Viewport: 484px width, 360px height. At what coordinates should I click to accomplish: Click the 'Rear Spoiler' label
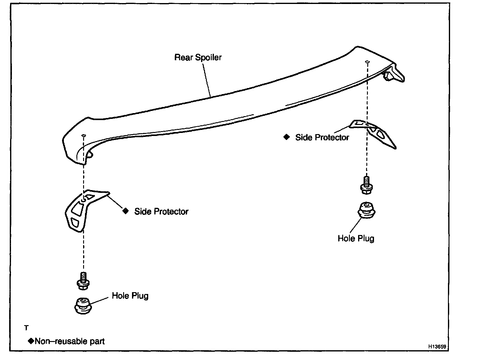click(198, 57)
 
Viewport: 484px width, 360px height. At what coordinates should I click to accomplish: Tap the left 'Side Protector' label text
click(161, 211)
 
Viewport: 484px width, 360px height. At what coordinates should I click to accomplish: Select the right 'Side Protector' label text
click(322, 138)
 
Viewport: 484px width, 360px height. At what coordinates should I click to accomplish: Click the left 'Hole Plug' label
click(130, 296)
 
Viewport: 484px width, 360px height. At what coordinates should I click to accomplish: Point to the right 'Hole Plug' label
click(356, 238)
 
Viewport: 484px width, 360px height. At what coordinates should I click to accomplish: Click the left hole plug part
click(83, 306)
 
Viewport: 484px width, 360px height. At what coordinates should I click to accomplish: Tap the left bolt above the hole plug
click(83, 281)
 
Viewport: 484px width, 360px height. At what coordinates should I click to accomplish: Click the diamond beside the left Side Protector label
click(125, 211)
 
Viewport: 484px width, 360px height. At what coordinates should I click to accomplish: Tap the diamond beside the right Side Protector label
click(286, 137)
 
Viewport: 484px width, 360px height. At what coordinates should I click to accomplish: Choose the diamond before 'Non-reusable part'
click(31, 341)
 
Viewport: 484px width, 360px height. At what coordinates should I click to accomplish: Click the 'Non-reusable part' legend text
click(70, 341)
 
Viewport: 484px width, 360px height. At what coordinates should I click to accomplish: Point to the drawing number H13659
click(437, 347)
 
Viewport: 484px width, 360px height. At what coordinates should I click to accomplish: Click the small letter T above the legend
click(26, 328)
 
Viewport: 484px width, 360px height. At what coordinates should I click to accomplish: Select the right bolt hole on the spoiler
click(367, 62)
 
